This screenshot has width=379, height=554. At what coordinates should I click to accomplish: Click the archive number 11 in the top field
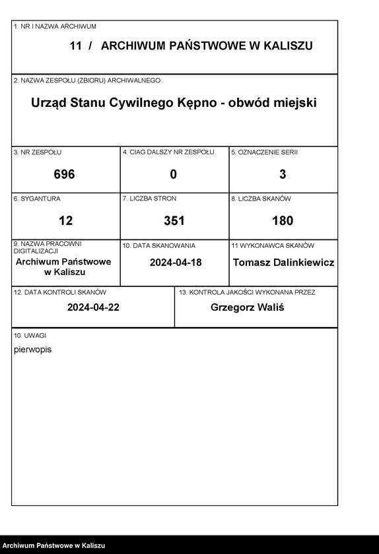click(x=75, y=46)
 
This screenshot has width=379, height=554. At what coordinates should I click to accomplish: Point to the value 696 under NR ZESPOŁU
click(x=64, y=174)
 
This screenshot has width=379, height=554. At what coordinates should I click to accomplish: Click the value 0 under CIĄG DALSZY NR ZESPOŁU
click(x=174, y=174)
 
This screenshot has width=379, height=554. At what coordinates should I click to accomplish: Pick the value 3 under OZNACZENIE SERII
click(x=283, y=174)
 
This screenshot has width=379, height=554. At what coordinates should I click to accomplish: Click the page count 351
click(x=174, y=220)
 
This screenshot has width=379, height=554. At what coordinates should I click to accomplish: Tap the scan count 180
click(x=283, y=220)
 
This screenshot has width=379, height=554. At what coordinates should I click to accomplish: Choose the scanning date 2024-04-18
click(x=176, y=262)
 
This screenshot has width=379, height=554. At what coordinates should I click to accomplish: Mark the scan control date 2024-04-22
click(x=93, y=307)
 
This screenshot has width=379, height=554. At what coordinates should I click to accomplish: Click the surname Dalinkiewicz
click(x=301, y=262)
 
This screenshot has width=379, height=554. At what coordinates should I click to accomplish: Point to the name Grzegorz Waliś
click(x=247, y=307)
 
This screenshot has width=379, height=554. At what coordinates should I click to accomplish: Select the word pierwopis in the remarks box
click(x=32, y=350)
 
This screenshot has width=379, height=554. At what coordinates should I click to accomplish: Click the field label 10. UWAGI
click(x=26, y=336)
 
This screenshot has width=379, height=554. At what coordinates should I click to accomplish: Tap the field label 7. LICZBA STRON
click(x=149, y=199)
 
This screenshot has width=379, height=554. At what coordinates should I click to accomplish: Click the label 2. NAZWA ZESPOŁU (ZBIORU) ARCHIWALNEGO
click(x=86, y=80)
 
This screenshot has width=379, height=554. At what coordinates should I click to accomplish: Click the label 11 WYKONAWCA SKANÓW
click(x=273, y=245)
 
